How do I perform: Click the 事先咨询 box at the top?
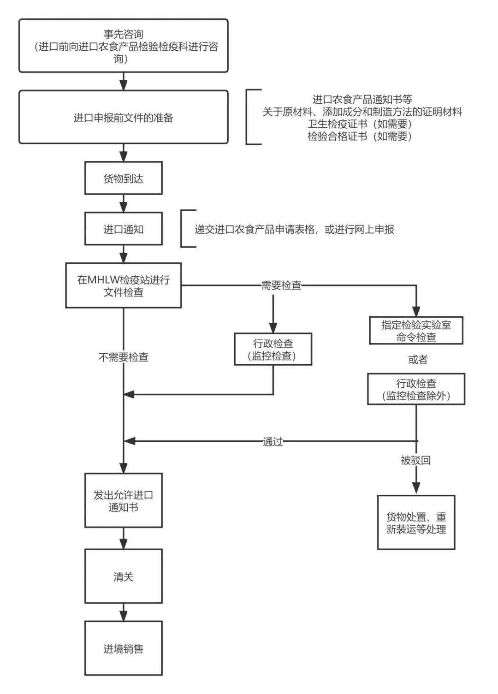pos(123,46)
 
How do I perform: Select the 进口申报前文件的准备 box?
pos(123,117)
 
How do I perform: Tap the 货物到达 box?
pos(123,178)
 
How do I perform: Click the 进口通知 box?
pos(123,229)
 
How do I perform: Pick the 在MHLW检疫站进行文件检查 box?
pos(123,285)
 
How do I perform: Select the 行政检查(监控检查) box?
pos(273,350)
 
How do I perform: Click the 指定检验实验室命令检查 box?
pos(416,331)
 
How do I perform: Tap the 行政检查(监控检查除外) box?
pos(416,389)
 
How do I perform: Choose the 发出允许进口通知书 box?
pos(123,500)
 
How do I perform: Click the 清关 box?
pos(123,576)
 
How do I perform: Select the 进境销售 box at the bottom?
pos(123,648)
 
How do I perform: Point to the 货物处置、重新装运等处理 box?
pos(416,522)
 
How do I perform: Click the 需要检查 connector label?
pos(281,285)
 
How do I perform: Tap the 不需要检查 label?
pos(123,357)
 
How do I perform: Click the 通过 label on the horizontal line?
pos(273,442)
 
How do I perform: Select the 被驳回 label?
pos(415,460)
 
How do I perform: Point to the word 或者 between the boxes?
pos(418,360)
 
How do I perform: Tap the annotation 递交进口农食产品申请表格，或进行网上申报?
pos(294,229)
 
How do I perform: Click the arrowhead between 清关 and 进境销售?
pos(123,616)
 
